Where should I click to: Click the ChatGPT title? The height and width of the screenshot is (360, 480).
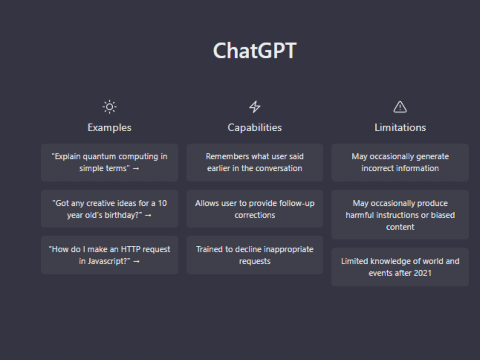click(254, 51)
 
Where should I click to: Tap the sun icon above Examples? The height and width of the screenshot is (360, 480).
click(109, 107)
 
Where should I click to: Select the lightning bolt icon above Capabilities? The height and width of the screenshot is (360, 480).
click(255, 107)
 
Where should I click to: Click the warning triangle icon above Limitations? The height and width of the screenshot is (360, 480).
click(400, 107)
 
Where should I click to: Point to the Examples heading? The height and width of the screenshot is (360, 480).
click(109, 128)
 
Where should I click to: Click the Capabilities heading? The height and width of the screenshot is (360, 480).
click(255, 128)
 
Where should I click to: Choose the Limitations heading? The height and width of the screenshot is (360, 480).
click(400, 128)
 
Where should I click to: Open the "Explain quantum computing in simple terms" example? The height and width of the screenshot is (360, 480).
click(109, 162)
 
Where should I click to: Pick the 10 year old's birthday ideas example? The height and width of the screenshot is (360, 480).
click(109, 209)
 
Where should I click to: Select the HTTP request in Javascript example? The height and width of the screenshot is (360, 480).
click(109, 255)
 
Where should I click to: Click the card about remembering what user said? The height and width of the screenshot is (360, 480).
click(255, 162)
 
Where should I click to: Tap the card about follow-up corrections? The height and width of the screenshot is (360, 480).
click(255, 209)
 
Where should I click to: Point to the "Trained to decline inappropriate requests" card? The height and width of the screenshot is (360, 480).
click(255, 255)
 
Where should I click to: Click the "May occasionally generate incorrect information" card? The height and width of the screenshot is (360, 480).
click(400, 162)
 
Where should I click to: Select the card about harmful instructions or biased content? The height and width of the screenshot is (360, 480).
click(400, 215)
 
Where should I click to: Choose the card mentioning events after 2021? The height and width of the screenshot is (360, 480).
click(400, 267)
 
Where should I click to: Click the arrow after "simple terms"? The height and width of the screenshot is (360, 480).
click(136, 169)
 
